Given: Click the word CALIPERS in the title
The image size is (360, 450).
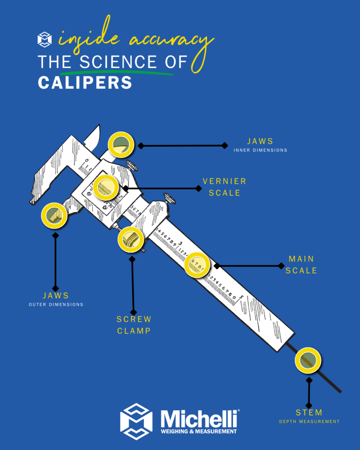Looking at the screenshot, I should [x=85, y=82].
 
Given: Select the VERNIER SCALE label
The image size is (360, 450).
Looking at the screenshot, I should [x=224, y=187].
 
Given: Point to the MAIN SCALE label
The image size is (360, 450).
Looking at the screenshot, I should [x=301, y=264].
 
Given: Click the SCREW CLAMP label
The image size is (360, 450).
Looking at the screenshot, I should [x=134, y=325].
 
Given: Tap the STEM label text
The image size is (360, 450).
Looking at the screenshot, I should [x=309, y=412].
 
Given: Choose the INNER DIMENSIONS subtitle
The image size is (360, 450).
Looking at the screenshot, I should [x=260, y=150].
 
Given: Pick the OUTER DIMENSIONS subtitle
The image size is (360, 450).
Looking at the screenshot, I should [x=56, y=304].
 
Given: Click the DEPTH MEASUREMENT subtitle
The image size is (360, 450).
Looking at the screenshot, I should [x=309, y=421].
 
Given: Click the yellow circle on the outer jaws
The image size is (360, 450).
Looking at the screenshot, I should [x=54, y=216].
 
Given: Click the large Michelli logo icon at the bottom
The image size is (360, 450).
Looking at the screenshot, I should [x=136, y=421].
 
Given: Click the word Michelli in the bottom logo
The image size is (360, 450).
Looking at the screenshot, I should [x=199, y=418].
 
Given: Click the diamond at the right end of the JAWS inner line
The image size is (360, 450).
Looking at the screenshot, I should [x=225, y=145].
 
